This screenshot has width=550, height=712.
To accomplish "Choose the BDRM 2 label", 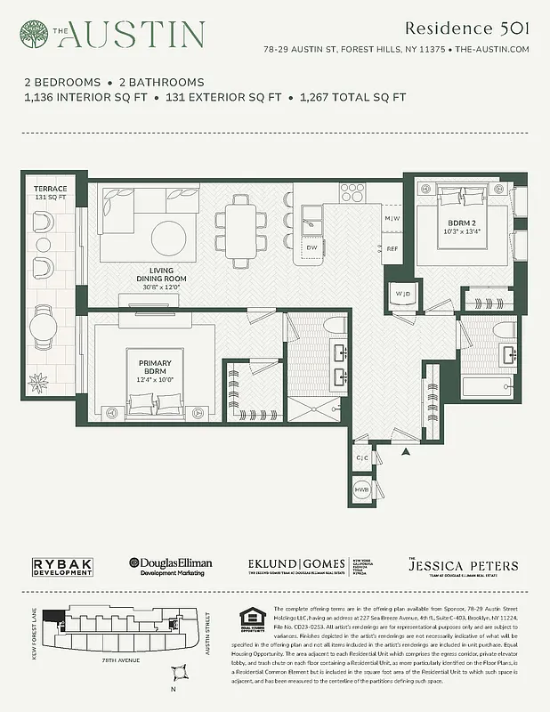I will tap(459, 227).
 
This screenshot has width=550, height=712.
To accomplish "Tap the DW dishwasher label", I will tap(312, 247).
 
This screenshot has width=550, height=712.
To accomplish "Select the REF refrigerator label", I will tap(392, 249).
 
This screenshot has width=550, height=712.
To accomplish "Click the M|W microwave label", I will tap(392, 218).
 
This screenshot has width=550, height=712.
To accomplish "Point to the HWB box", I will tap(362, 490).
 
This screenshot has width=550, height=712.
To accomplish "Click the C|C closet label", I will tap(361, 458).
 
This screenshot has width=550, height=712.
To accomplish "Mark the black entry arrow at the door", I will tap(407, 454).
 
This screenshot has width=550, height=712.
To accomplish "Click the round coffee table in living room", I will tap(168, 237).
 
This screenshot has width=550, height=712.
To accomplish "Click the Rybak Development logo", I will tap(63, 567).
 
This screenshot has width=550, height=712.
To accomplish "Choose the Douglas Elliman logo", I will tap(173, 566).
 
